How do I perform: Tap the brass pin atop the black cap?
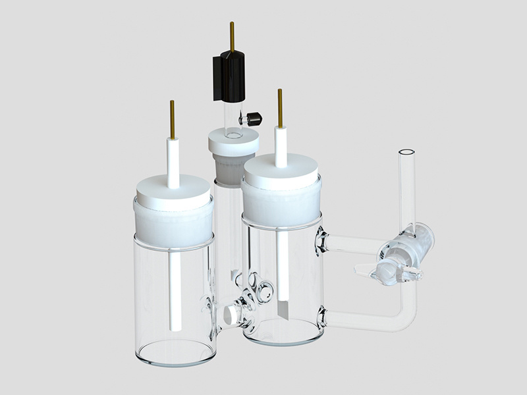click(232, 36)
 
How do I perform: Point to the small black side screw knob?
click(253, 118)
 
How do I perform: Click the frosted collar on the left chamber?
click(174, 224)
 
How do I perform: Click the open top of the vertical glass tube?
click(406, 153)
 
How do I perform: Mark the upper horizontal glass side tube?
click(349, 244)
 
